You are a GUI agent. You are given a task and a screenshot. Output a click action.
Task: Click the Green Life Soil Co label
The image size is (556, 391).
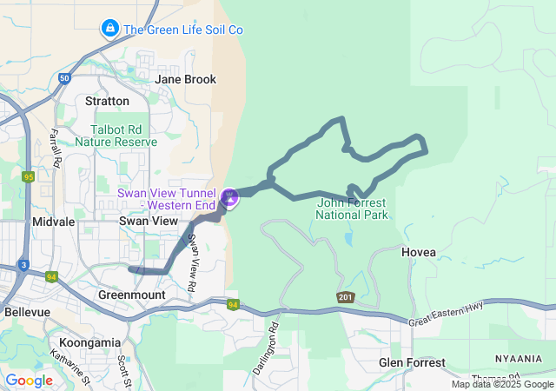click(x=182, y=30)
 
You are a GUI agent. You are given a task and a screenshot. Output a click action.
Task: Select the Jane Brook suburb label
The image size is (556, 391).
click(x=185, y=79)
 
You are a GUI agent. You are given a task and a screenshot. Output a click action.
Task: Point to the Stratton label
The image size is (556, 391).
click(x=108, y=102)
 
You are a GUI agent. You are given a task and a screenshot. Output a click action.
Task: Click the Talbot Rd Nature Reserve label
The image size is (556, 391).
click(x=116, y=135)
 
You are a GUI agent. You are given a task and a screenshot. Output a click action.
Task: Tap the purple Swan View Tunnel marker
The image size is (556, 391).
click(x=229, y=198)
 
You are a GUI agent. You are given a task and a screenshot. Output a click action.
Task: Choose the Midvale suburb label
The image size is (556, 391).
click(x=53, y=222)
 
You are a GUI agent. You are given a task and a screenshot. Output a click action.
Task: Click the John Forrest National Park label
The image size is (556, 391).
click(x=352, y=209)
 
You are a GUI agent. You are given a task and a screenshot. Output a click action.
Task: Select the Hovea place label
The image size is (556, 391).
click(x=419, y=252)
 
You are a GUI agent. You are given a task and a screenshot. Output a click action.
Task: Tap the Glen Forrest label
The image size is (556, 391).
click(x=412, y=362)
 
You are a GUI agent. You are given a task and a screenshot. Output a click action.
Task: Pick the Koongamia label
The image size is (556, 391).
click(x=89, y=343)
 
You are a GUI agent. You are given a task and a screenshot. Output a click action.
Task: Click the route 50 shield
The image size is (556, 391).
click(x=65, y=78)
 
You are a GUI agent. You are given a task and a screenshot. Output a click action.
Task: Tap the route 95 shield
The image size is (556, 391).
click(x=28, y=176)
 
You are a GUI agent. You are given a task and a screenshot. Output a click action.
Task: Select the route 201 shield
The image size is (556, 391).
click(x=346, y=297)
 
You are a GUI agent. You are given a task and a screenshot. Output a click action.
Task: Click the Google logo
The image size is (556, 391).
click(x=30, y=381)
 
